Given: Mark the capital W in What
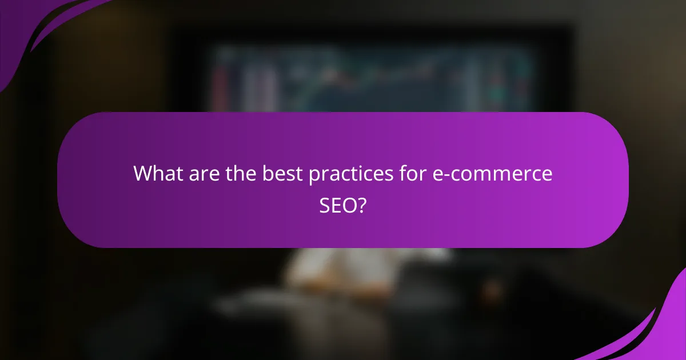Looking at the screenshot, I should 142,174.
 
